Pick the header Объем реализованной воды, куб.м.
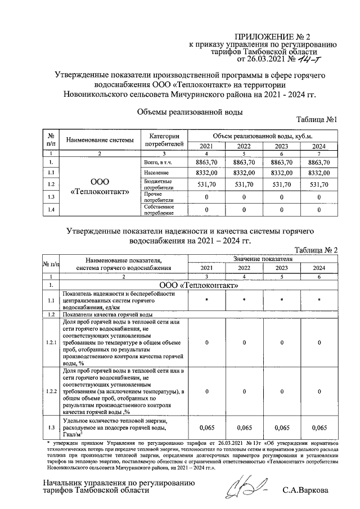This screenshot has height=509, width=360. coord(262,137)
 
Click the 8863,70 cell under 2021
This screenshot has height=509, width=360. coord(206,162)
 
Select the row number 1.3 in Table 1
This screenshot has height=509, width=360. coord(51,197)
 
